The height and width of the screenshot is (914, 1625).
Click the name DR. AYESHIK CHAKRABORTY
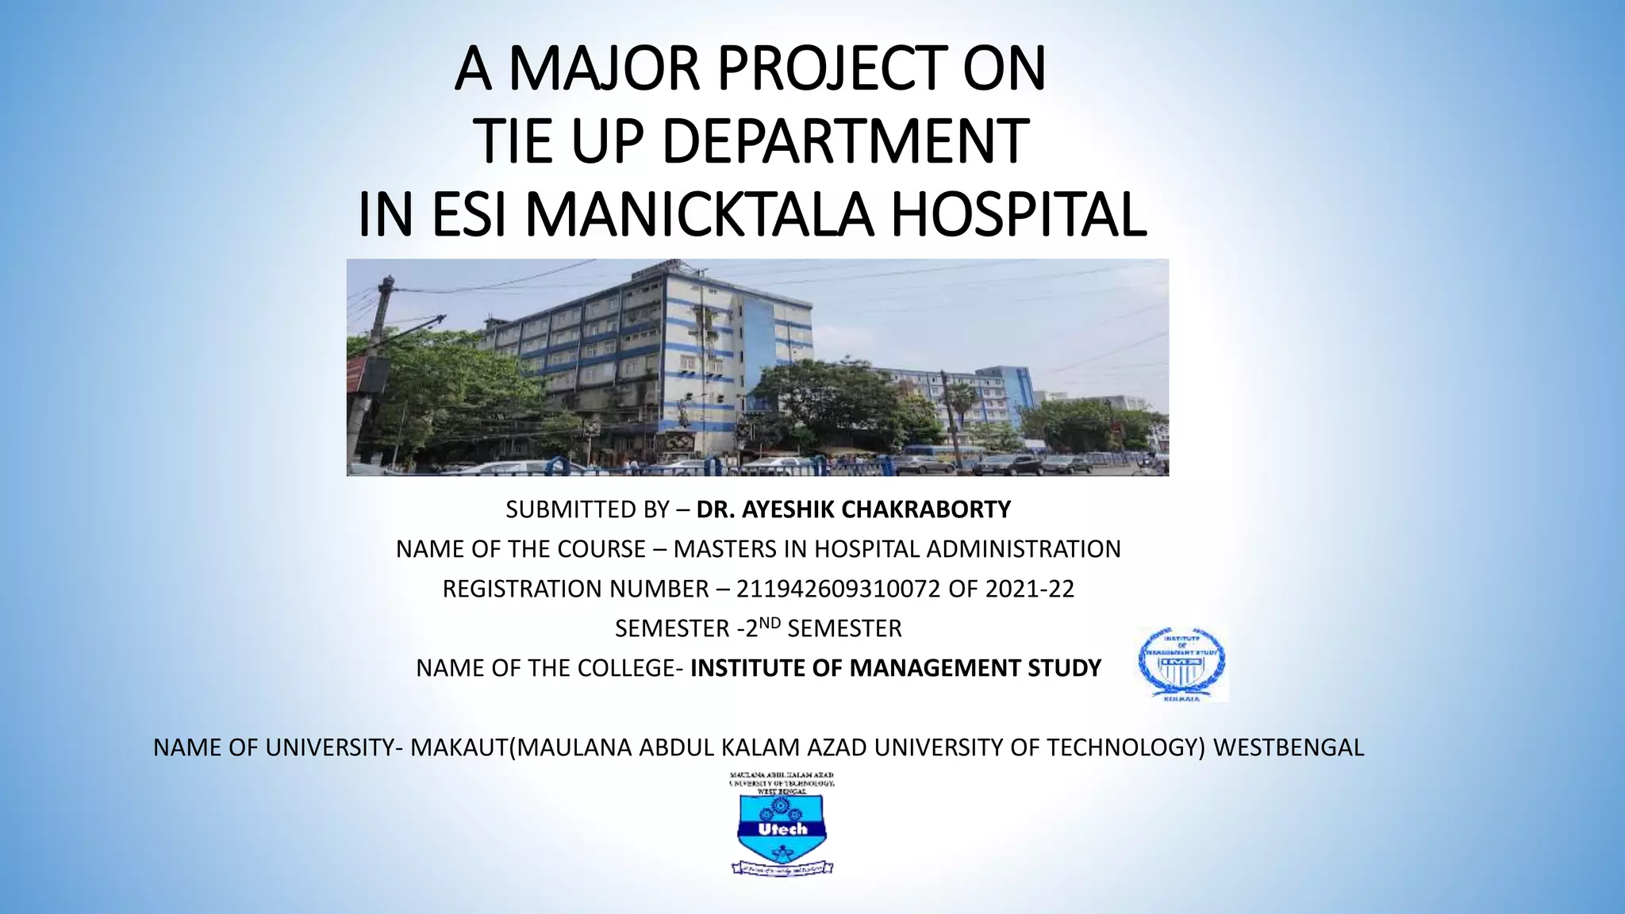pyautogui.click(x=854, y=509)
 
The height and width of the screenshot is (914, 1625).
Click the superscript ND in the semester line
pyautogui.click(x=770, y=624)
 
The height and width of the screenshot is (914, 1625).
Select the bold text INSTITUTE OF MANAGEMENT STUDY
pyautogui.click(x=896, y=668)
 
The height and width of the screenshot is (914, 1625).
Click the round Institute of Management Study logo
pyautogui.click(x=1182, y=665)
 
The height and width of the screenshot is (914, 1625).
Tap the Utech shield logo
pyautogui.click(x=782, y=829)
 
